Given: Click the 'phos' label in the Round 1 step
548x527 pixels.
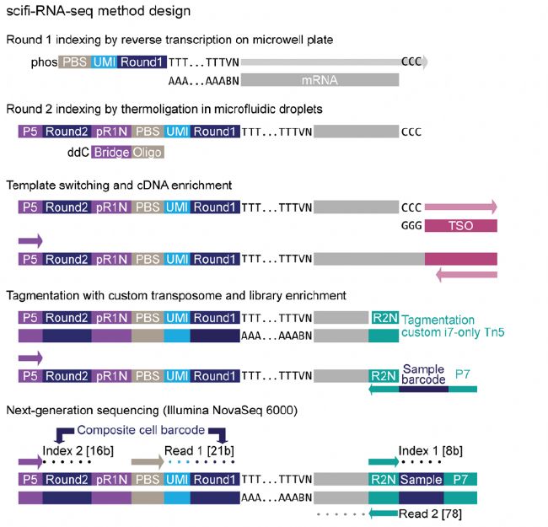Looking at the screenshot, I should [x=43, y=62].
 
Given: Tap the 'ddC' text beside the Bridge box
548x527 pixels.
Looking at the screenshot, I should [x=78, y=152].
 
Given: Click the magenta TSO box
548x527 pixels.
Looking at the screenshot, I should [x=460, y=226].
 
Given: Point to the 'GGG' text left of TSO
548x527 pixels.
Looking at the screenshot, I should [x=412, y=226].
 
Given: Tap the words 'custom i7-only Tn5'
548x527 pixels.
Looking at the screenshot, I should [x=452, y=333].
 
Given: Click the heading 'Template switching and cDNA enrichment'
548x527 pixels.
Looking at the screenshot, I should [x=113, y=183].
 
